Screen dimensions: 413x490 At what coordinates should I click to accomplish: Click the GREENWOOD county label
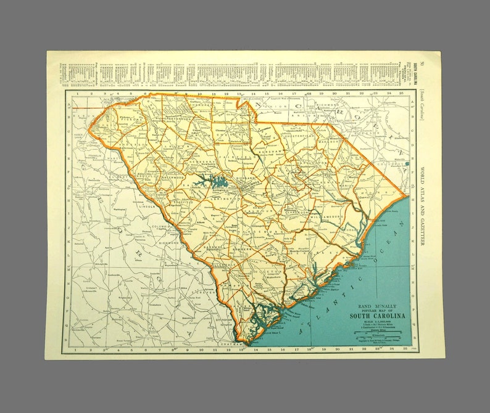click(x=174, y=178)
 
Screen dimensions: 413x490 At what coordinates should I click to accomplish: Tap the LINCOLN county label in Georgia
click(x=149, y=206)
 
